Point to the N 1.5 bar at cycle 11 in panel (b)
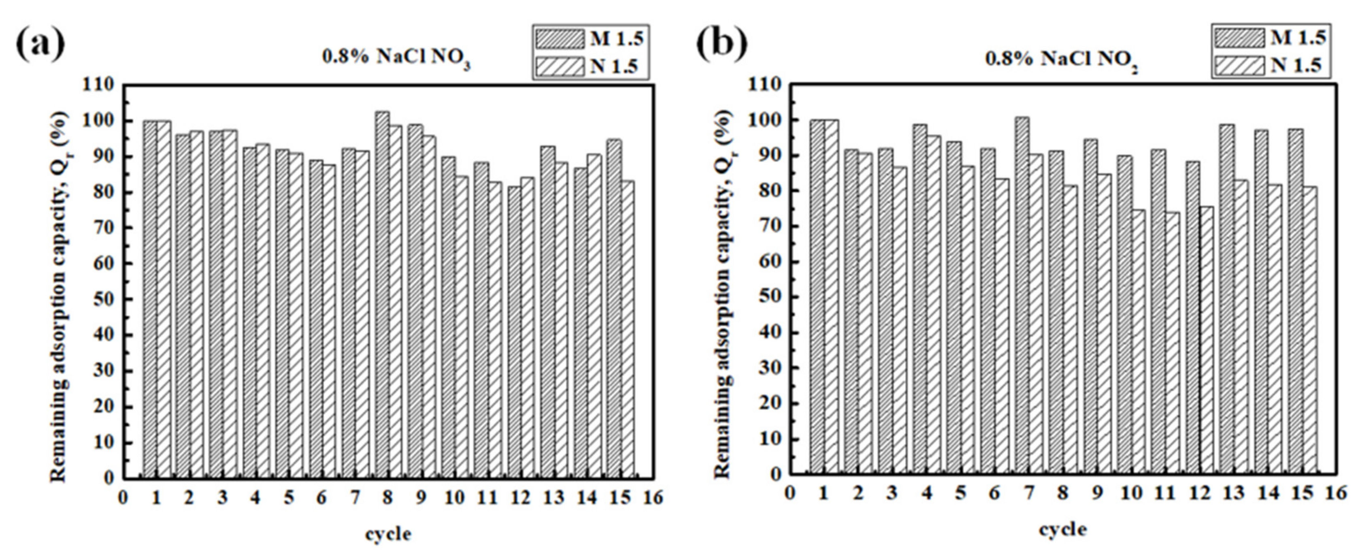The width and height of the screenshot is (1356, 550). (1170, 342)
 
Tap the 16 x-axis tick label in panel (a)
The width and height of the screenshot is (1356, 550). (653, 498)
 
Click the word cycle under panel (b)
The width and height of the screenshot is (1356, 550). (1062, 529)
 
